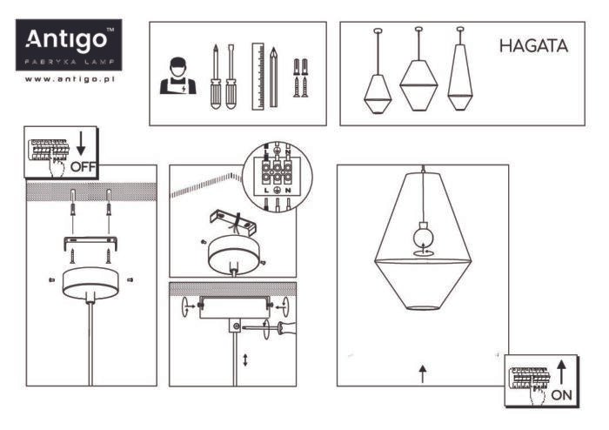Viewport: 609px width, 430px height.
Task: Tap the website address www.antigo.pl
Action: [70, 79]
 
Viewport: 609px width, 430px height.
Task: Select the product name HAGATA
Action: [533, 46]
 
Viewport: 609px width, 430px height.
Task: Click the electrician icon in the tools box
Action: [177, 76]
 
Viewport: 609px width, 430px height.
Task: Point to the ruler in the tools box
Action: [258, 76]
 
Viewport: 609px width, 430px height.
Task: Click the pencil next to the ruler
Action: [273, 77]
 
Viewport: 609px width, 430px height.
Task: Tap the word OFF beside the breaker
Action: [83, 166]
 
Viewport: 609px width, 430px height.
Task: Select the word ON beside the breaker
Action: [562, 395]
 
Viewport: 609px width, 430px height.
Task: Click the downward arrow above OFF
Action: [81, 144]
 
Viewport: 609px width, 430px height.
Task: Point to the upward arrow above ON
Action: [561, 373]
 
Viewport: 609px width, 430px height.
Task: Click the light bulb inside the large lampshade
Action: [423, 235]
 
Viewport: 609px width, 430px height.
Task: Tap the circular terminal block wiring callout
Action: [277, 176]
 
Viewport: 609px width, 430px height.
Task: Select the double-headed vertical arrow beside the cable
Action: [245, 359]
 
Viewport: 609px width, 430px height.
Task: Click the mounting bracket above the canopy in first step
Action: [90, 244]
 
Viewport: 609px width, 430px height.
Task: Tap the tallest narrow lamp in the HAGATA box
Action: [460, 69]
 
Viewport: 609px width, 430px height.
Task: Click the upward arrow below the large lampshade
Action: [423, 373]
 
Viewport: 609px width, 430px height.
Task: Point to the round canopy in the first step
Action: [90, 283]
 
